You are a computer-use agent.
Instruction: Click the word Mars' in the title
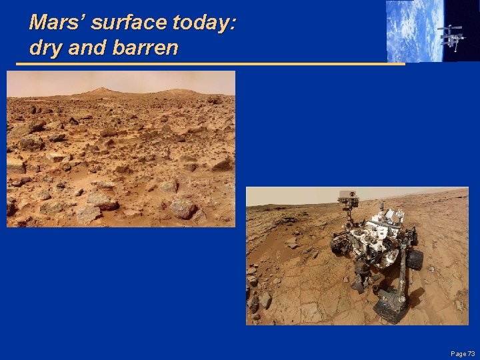(x=57, y=23)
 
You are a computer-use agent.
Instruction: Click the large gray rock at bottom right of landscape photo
(x=183, y=208)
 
